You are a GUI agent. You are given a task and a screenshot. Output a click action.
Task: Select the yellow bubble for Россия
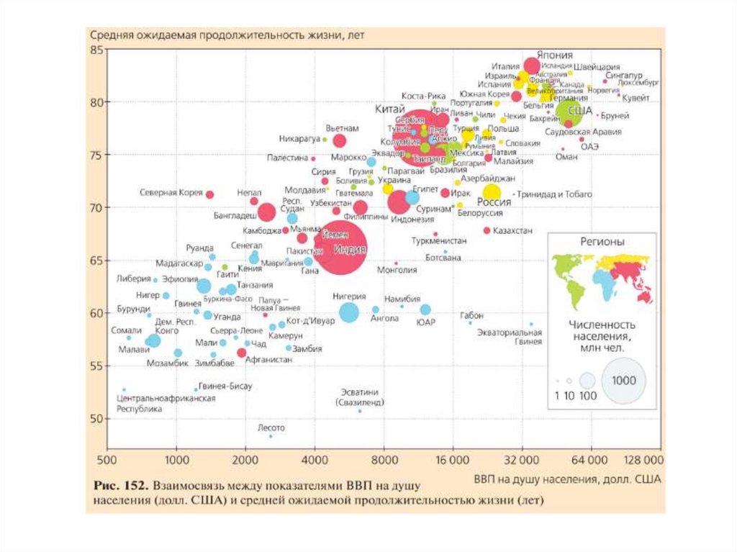(x=492, y=191)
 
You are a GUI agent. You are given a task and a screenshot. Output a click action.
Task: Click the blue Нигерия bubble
(x=349, y=312)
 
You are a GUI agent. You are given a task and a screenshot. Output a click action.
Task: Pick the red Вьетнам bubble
(x=338, y=141)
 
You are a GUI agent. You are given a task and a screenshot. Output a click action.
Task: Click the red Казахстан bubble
(x=487, y=230)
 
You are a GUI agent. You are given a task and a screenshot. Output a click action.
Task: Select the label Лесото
(x=271, y=427)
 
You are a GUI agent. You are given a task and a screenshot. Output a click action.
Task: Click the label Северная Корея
(x=171, y=193)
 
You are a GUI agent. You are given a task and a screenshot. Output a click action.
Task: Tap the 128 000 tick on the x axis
(x=642, y=460)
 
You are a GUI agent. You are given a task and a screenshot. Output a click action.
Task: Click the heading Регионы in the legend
(x=602, y=243)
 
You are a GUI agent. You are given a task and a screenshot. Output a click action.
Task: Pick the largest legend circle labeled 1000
(x=623, y=381)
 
